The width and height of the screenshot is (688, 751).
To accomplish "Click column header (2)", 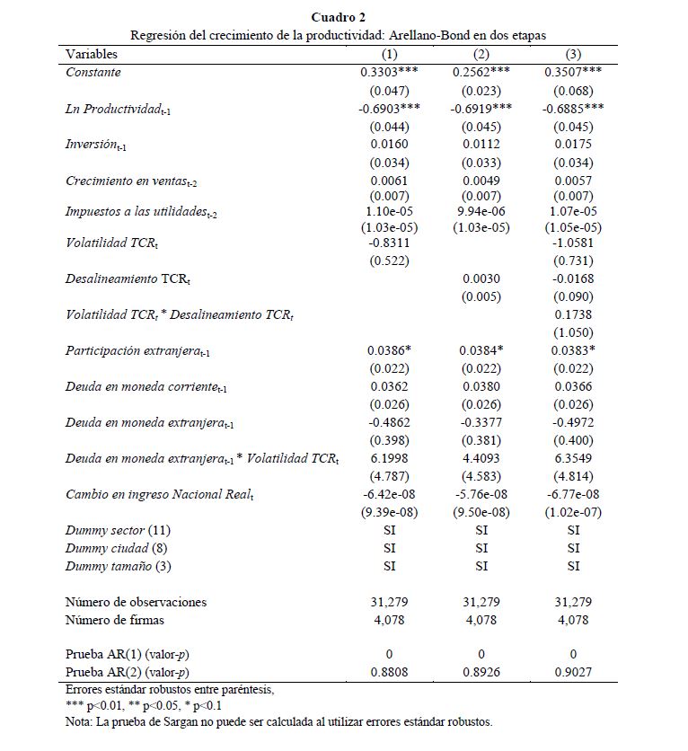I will pyautogui.click(x=481, y=54).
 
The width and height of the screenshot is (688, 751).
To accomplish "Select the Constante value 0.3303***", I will pyautogui.click(x=390, y=72).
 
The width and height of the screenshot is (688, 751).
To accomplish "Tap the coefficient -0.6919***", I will pyautogui.click(x=481, y=108).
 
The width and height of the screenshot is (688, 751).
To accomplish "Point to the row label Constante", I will pyautogui.click(x=93, y=72).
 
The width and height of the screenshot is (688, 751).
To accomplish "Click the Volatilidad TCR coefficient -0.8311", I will pyautogui.click(x=390, y=243).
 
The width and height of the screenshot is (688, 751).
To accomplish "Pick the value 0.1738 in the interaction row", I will pyautogui.click(x=573, y=315).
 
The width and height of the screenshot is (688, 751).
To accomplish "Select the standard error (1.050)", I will pyautogui.click(x=573, y=332).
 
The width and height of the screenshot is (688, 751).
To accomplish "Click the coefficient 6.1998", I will pyautogui.click(x=390, y=459).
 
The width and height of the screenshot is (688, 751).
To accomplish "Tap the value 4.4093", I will pyautogui.click(x=481, y=459).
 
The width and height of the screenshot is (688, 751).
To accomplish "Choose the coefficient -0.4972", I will pyautogui.click(x=573, y=422).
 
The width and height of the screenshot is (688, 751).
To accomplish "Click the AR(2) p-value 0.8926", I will pyautogui.click(x=481, y=672).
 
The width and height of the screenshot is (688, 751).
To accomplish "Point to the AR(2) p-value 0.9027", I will pyautogui.click(x=573, y=672).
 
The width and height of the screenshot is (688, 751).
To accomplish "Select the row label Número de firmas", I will pyautogui.click(x=115, y=619).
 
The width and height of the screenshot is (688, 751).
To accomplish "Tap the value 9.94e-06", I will pyautogui.click(x=481, y=209).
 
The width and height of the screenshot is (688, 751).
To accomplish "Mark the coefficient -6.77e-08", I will pyautogui.click(x=573, y=495).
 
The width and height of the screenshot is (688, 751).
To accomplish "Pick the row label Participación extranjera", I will pyautogui.click(x=130, y=351).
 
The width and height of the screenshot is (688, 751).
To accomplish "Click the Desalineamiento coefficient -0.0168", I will pyautogui.click(x=573, y=279).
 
